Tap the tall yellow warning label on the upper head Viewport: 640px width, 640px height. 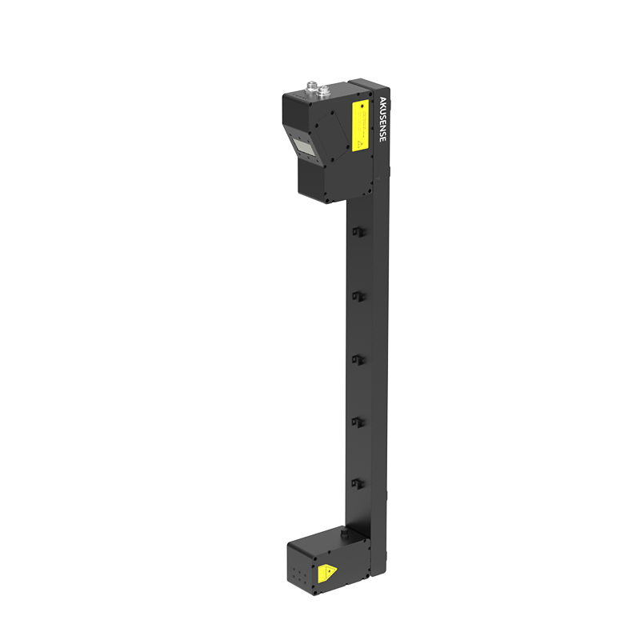pyautogui.click(x=360, y=126)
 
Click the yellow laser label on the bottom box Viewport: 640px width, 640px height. pyautogui.click(x=327, y=573)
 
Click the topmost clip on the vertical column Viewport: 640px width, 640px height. pyautogui.click(x=358, y=231)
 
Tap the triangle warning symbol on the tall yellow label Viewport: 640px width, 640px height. pyautogui.click(x=361, y=145)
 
